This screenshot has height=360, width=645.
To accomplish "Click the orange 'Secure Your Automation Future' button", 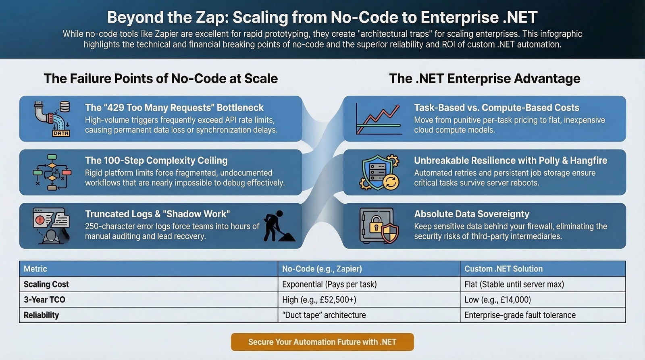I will pyautogui.click(x=322, y=342).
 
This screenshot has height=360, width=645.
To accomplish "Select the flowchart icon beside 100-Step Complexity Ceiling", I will pyautogui.click(x=52, y=172).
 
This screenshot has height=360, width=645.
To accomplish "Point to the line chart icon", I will pyautogui.click(x=379, y=119).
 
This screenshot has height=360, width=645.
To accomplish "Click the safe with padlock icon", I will pyautogui.click(x=379, y=226).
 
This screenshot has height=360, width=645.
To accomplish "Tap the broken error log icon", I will pyautogui.click(x=51, y=225).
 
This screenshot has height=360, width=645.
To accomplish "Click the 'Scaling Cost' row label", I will pyautogui.click(x=46, y=284).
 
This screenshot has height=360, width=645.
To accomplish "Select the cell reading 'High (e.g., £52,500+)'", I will pyautogui.click(x=319, y=300).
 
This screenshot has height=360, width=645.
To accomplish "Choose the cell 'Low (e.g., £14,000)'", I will pyautogui.click(x=497, y=300).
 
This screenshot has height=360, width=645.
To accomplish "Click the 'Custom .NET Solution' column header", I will pyautogui.click(x=504, y=269).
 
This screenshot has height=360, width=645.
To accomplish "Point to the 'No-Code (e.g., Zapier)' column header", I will pyautogui.click(x=322, y=269).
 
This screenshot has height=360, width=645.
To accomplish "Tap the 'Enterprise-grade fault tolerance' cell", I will pyautogui.click(x=520, y=315).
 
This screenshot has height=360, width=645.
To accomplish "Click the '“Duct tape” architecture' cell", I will pyautogui.click(x=324, y=315).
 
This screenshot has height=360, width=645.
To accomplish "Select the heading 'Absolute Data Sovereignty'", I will pyautogui.click(x=472, y=214).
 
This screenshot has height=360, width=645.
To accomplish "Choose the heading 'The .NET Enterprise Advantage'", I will pyautogui.click(x=485, y=78).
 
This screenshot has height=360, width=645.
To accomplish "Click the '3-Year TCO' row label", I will pyautogui.click(x=44, y=300).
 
